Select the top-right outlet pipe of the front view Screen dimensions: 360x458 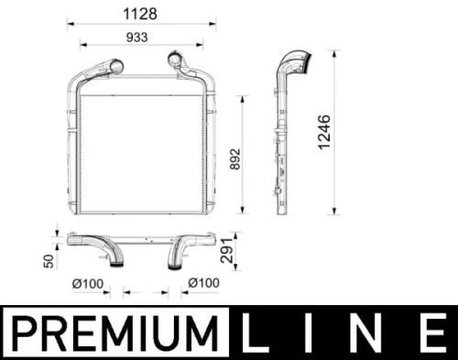pos(177,64)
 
